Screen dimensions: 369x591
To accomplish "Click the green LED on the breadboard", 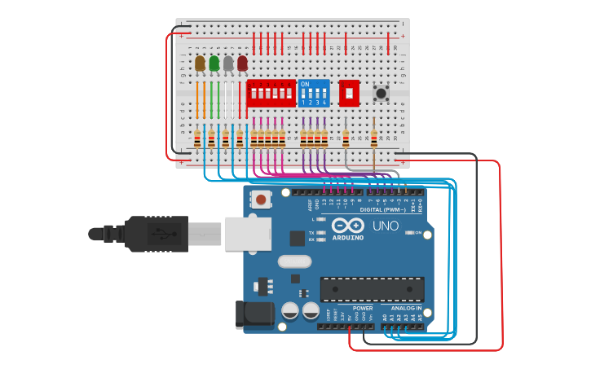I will point(214,63).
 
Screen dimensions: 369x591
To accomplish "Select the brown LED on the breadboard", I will point(200,63).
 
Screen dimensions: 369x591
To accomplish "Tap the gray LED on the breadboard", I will point(228,63).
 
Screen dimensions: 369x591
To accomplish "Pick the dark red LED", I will point(242,63).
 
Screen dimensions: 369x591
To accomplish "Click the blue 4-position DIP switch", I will point(314,94).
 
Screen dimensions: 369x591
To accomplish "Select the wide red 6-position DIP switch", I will point(271,94).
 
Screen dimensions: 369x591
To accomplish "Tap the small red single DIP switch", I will point(349,94).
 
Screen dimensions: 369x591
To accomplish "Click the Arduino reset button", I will point(260,199).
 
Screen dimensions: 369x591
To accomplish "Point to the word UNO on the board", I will point(386,226).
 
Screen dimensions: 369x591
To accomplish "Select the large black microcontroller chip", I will point(372,289).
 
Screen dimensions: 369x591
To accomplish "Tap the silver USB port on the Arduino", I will point(249,232).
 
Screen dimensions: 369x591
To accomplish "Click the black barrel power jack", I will point(253,315).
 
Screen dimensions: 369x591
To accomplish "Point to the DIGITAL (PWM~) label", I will point(395,210).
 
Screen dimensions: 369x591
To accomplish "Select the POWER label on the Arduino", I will point(363,309).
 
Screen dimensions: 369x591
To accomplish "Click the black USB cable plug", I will point(155,233).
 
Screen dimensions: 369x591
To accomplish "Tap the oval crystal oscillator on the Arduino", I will point(294,261).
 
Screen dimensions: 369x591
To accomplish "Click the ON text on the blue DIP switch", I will point(305,84).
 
